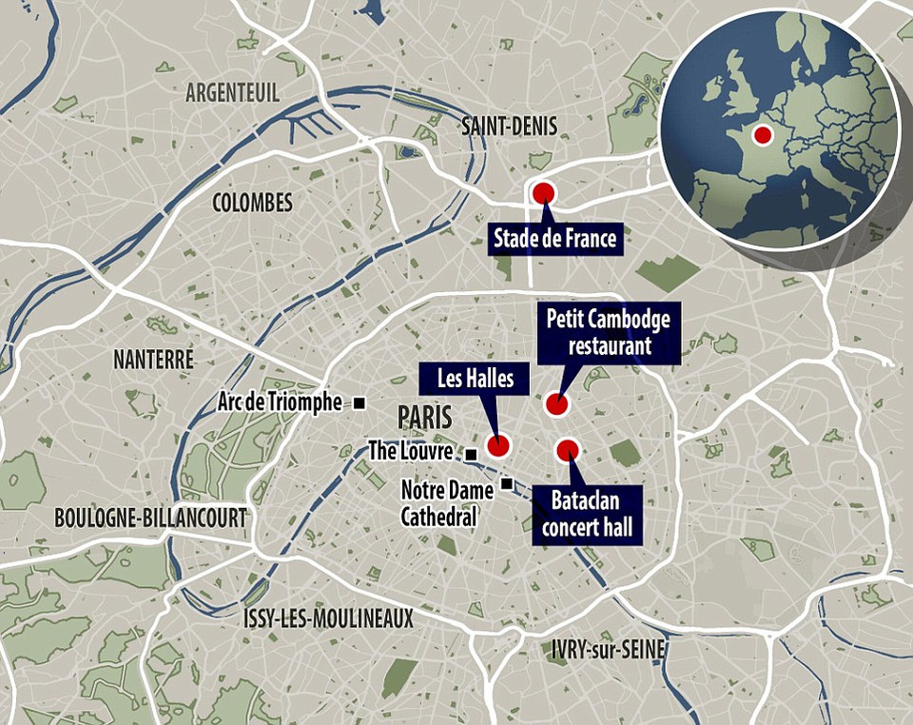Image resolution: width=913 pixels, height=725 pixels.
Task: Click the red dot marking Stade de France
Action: (543, 193)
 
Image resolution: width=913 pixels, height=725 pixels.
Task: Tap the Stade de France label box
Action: (555, 239)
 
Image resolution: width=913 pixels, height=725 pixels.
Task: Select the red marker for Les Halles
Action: (497, 445)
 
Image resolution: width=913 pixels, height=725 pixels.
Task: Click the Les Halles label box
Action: (476, 380)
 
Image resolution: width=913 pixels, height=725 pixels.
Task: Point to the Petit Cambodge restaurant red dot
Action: (556, 404)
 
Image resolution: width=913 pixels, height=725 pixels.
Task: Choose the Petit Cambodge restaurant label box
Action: (609, 332)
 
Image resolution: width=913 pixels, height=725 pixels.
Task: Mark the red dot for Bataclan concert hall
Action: (568, 450)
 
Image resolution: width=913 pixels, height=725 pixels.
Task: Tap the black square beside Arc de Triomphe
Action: (359, 403)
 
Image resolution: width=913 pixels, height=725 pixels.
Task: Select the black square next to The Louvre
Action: (471, 454)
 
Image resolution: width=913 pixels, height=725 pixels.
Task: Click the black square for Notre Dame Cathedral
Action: (507, 482)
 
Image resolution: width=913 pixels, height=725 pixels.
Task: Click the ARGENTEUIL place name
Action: (233, 92)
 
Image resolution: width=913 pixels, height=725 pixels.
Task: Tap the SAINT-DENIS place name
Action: (509, 127)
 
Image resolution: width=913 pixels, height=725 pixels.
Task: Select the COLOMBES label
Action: (252, 203)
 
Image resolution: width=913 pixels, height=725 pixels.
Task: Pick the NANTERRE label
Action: (153, 360)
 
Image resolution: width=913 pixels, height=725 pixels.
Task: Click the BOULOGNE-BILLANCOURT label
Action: (150, 518)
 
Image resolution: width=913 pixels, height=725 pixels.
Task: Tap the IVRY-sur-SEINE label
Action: (607, 650)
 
